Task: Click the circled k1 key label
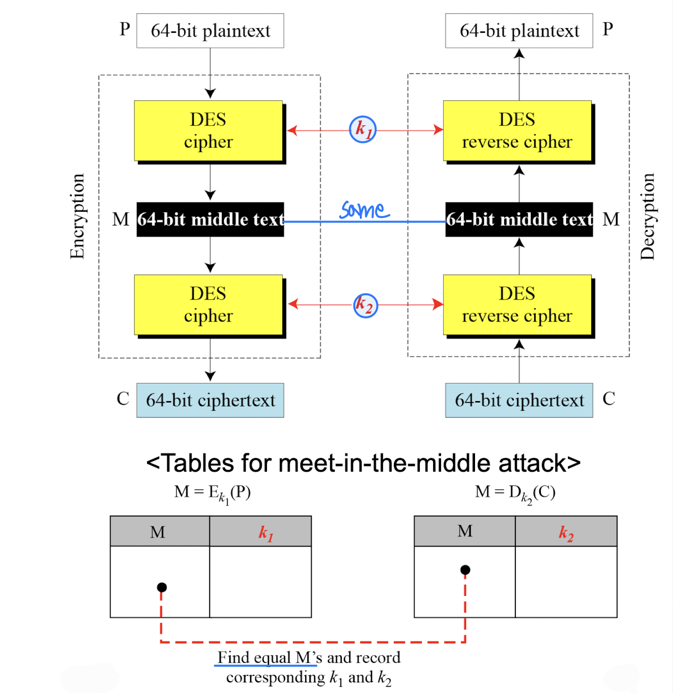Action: tap(363, 129)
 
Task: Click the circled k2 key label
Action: tap(365, 305)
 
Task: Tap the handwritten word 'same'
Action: tap(365, 210)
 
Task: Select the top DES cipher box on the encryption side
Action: tap(209, 131)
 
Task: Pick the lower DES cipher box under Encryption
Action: tap(209, 305)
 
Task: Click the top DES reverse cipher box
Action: tap(517, 131)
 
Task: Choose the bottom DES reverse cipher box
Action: tap(517, 305)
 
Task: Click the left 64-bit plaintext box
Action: tap(210, 31)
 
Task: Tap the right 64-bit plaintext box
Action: tap(519, 31)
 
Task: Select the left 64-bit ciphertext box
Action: tap(210, 400)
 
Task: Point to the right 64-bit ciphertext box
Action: tap(519, 400)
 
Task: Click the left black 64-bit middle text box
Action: tap(210, 219)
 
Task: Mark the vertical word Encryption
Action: tap(77, 216)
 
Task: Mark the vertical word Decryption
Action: tap(648, 216)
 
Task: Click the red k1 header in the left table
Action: tap(266, 532)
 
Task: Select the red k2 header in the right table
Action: tap(566, 532)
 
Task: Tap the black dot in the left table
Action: tap(162, 587)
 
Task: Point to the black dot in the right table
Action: tap(465, 570)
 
